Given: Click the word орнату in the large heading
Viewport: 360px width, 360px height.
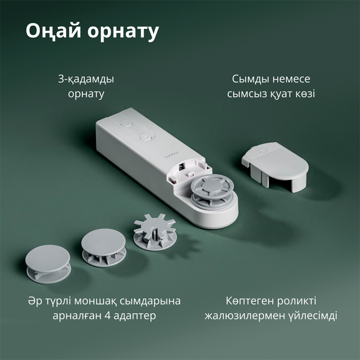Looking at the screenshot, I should tap(122, 31).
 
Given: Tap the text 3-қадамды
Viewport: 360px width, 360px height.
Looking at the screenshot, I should tap(86, 80).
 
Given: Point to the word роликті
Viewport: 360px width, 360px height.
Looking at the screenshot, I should tap(298, 301).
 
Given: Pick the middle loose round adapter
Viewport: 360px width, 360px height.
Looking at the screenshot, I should tap(103, 246).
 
